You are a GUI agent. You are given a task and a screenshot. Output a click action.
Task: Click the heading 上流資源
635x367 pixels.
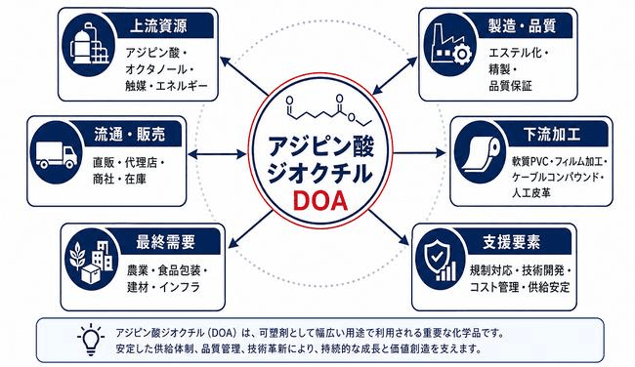click(158, 26)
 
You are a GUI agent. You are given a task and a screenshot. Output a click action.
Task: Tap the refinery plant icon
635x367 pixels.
click(90, 45)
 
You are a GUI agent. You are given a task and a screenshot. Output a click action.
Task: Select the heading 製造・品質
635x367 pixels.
click(522, 26)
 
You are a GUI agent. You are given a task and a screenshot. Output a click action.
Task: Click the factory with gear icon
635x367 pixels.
click(448, 44)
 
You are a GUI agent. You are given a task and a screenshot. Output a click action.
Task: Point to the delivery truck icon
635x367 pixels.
click(56, 154)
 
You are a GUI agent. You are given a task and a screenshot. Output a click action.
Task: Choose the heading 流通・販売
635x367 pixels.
click(130, 135)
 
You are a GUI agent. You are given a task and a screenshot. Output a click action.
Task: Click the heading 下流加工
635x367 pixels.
click(552, 135)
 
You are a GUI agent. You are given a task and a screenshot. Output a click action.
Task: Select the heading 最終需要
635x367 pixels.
click(166, 242)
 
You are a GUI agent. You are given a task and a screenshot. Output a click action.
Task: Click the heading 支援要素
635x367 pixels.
click(512, 242)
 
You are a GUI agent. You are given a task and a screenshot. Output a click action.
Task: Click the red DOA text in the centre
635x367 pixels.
click(320, 201)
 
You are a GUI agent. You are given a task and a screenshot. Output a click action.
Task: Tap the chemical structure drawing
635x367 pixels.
click(329, 110)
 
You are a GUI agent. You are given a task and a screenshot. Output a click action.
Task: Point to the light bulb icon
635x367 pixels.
click(91, 340)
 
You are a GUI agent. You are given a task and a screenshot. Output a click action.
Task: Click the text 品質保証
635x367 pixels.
click(510, 86)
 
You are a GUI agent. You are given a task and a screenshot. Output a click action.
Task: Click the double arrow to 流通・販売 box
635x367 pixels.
click(217, 154)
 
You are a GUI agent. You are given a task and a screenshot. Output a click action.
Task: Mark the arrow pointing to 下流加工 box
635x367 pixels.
click(419, 153)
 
